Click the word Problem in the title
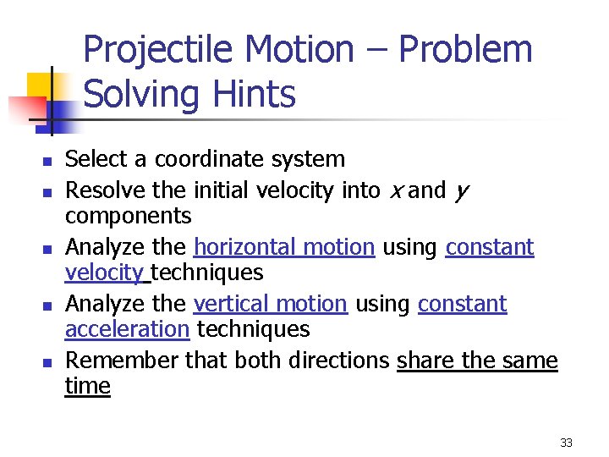[465, 50]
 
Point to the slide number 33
[566, 443]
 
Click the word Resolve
[96, 190]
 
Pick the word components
[129, 217]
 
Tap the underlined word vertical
[224, 304]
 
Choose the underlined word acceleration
[127, 329]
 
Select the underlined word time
[87, 387]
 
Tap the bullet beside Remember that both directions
[48, 362]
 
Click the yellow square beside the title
[40, 86]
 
